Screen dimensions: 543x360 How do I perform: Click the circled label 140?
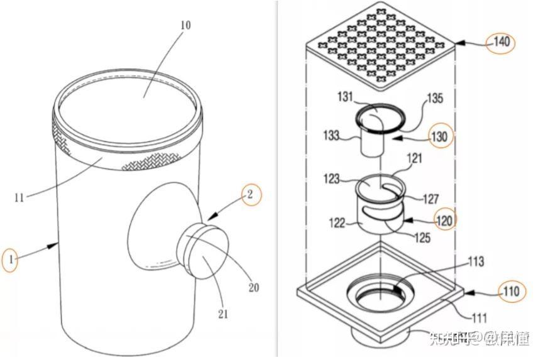point(501,43)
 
